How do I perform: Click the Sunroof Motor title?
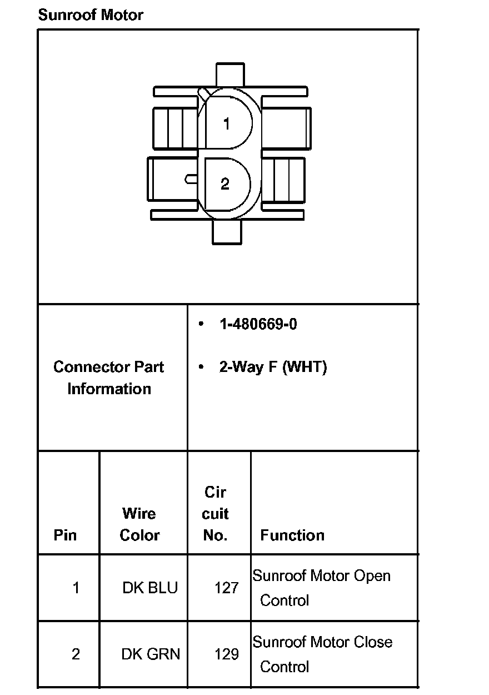tap(91, 15)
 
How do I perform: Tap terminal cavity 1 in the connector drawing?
tap(226, 124)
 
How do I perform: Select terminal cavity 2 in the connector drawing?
tap(225, 184)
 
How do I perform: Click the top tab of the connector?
tap(229, 75)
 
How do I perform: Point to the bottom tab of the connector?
tap(227, 232)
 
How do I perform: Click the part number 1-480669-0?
tap(258, 324)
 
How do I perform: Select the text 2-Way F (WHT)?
tap(273, 367)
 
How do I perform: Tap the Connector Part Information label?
tap(109, 378)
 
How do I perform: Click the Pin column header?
tap(65, 535)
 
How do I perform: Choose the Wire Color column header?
tap(140, 524)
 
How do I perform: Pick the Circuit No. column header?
tap(216, 514)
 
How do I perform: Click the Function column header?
tap(292, 535)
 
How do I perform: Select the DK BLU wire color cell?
tap(150, 588)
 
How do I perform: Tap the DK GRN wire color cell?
tap(151, 654)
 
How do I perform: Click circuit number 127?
tap(226, 588)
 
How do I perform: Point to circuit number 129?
tap(227, 654)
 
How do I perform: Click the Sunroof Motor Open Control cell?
tap(321, 588)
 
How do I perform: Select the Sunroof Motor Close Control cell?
tap(322, 654)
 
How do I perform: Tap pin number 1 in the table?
tap(76, 588)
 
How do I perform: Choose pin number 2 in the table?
tap(76, 654)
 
